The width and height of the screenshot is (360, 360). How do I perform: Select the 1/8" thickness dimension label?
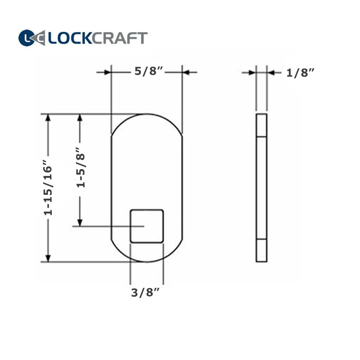(x=301, y=73)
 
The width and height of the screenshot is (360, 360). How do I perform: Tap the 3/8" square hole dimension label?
(x=145, y=293)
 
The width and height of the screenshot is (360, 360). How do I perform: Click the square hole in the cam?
(x=147, y=226)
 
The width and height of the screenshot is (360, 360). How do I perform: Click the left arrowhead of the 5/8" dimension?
(x=107, y=72)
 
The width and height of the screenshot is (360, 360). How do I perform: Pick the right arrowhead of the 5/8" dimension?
(x=186, y=72)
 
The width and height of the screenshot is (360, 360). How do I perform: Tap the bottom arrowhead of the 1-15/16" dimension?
(x=48, y=258)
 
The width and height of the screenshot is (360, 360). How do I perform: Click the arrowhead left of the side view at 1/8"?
(x=252, y=73)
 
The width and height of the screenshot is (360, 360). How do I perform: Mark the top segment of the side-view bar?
(x=261, y=125)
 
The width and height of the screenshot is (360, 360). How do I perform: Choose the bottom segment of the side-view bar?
(x=261, y=251)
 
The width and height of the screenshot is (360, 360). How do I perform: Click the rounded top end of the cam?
(x=147, y=122)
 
